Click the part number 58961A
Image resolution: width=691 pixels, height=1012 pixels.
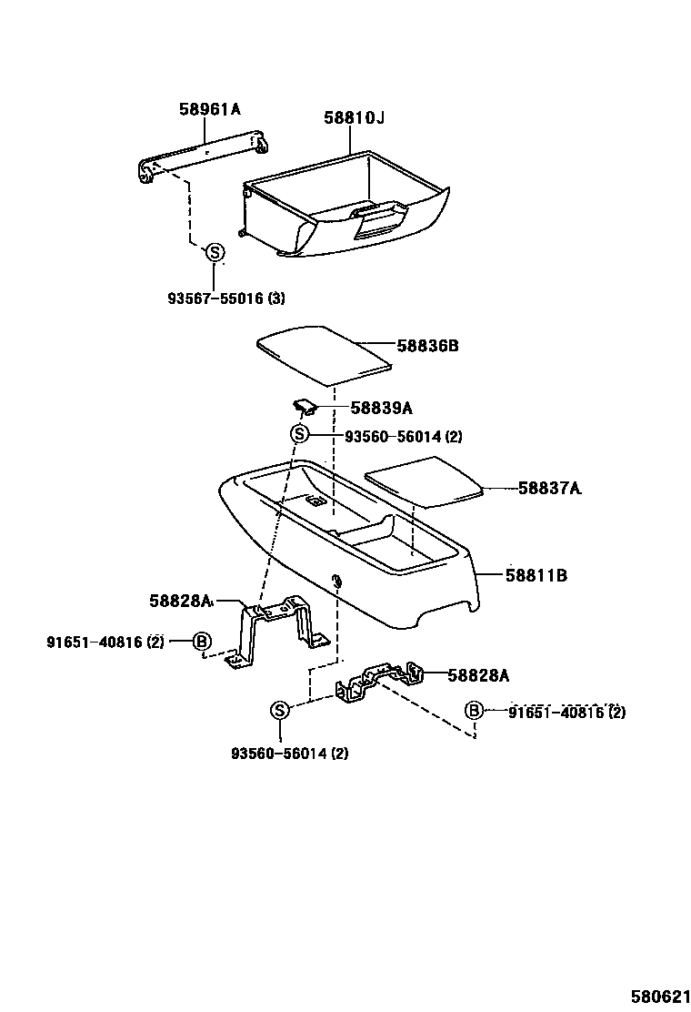(x=209, y=110)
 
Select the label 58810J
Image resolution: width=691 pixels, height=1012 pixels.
(x=355, y=118)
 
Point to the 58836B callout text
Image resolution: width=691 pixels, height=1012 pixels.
(x=427, y=347)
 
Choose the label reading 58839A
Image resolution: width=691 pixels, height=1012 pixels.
(x=382, y=409)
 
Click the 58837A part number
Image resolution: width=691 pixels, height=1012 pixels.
(x=549, y=489)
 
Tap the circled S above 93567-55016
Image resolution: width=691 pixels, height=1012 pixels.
(x=215, y=252)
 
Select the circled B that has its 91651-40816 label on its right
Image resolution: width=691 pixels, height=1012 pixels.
(x=474, y=711)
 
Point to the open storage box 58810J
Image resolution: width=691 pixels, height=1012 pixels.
(x=345, y=205)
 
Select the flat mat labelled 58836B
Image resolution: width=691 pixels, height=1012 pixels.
(x=323, y=352)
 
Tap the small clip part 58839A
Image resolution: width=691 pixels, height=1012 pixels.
(x=302, y=404)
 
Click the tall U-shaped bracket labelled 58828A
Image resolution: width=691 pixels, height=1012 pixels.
(x=277, y=628)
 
